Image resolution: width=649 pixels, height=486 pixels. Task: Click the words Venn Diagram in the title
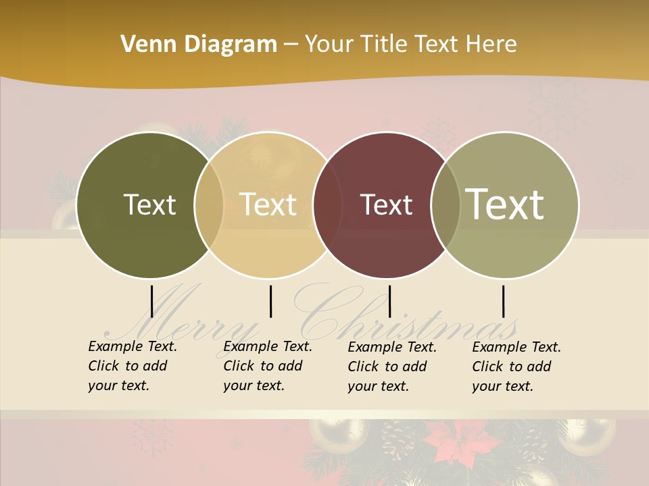tap(199, 45)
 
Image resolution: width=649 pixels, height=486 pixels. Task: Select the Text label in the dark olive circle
tap(149, 205)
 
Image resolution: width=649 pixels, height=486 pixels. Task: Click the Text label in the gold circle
tap(268, 205)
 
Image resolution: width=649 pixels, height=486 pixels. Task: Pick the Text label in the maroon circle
tap(386, 205)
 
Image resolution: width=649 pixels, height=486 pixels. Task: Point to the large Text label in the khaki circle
tap(505, 204)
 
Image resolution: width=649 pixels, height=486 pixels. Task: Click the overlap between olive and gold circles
tap(209, 205)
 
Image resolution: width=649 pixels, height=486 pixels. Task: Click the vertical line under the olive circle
tap(152, 301)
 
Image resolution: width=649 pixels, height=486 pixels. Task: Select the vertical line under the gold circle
tap(270, 301)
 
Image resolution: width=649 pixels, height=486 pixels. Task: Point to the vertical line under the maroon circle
tap(389, 301)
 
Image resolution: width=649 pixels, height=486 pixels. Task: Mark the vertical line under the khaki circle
tap(503, 301)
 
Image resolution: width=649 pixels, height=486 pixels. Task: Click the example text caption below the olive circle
tap(132, 366)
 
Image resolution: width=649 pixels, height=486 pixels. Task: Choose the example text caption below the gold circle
tap(267, 366)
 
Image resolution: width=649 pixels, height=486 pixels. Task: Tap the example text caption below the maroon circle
tap(391, 367)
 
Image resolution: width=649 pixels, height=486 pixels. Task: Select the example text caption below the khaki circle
tap(516, 367)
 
